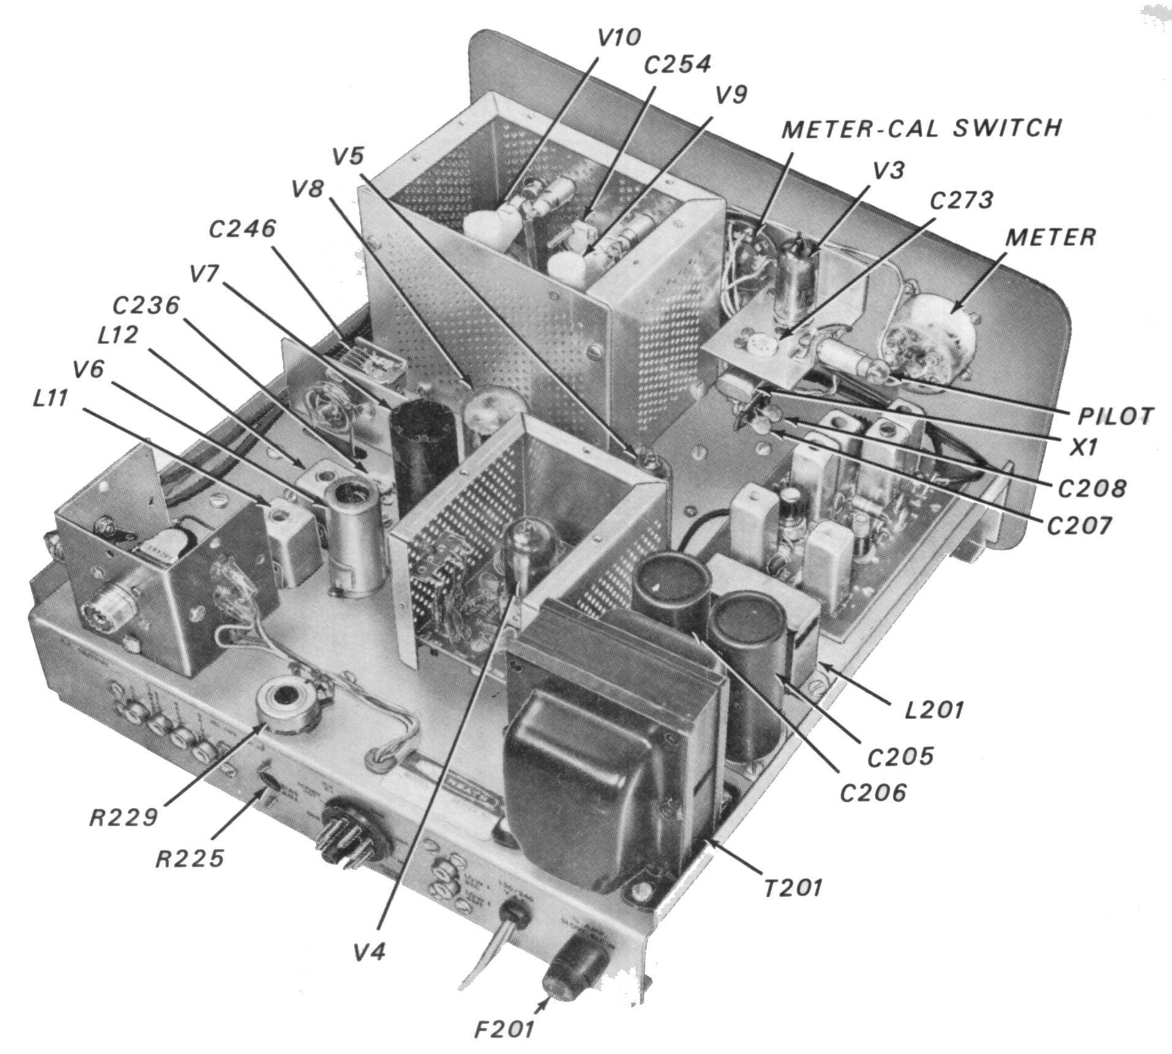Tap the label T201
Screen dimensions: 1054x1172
(x=792, y=887)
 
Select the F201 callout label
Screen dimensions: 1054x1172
(x=504, y=1029)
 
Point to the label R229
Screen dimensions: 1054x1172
(x=124, y=817)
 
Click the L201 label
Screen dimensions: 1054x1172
(x=934, y=710)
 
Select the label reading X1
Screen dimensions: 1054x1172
(x=1083, y=448)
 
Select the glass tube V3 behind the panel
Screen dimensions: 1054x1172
(x=800, y=275)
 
